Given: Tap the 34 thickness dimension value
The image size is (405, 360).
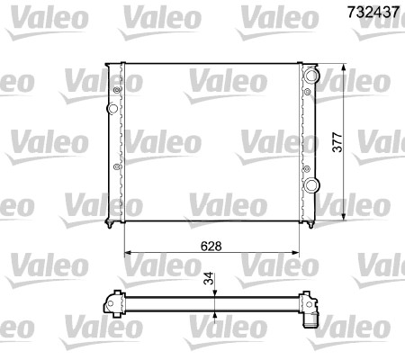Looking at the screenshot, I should tap(210, 279).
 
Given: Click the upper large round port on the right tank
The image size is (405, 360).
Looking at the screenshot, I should tap(311, 75).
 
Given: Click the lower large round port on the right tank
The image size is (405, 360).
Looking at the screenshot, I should tap(311, 185).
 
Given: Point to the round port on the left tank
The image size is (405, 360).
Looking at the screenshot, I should tap(112, 109).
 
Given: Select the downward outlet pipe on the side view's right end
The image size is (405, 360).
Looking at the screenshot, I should tap(311, 319).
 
